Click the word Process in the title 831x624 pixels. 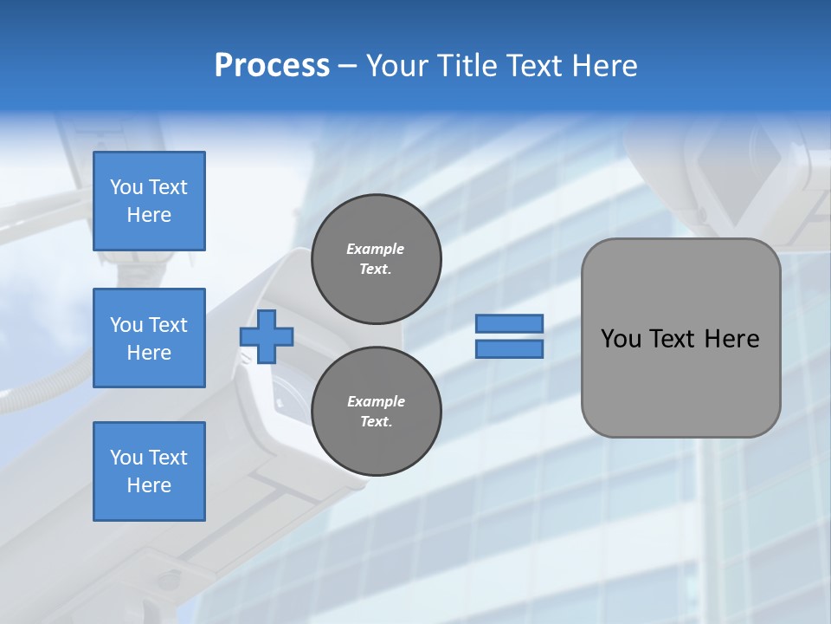point(272,66)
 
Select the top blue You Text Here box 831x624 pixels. point(149,201)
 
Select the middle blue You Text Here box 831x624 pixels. point(149,338)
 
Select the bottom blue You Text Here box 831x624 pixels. point(149,471)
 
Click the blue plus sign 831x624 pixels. point(267,336)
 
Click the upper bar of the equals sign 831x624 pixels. point(510,323)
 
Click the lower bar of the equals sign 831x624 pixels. point(510,349)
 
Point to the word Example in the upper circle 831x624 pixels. point(375,249)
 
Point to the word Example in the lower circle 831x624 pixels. point(376,401)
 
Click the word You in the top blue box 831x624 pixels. point(126,187)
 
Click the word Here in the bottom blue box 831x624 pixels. point(149,485)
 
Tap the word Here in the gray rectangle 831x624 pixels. point(731,339)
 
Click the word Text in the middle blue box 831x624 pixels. point(168,325)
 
